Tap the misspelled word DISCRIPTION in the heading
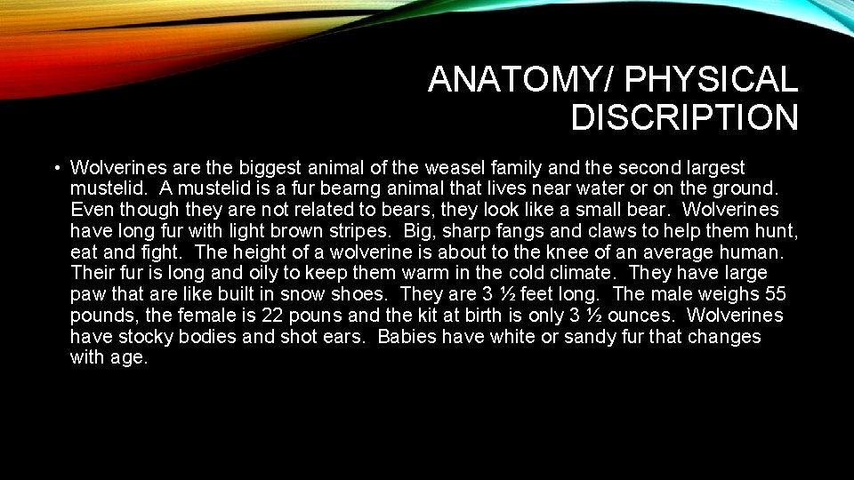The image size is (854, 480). (x=684, y=117)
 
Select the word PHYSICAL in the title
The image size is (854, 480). (x=712, y=80)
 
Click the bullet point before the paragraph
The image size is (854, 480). (x=55, y=167)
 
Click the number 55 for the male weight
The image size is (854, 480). (x=774, y=294)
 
